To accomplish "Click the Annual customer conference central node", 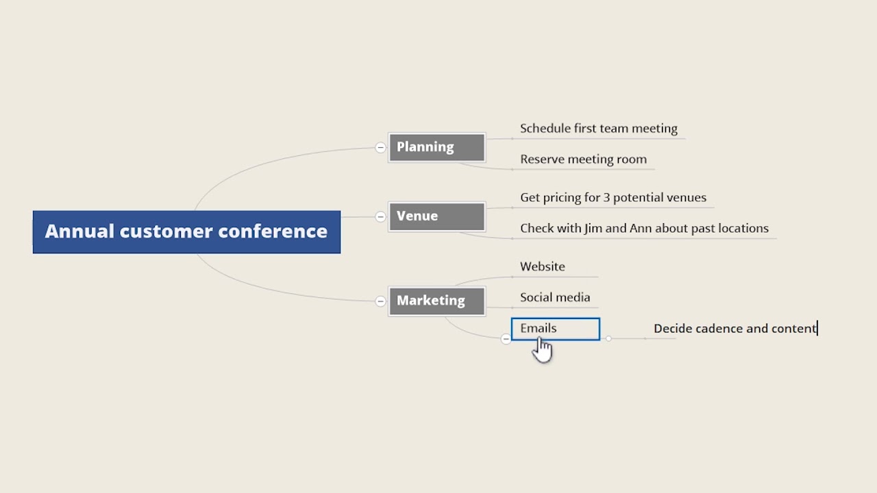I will click(186, 232).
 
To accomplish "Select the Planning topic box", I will click(436, 147).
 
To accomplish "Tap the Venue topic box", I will click(436, 216).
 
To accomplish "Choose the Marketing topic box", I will click(436, 301).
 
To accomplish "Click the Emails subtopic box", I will click(555, 329).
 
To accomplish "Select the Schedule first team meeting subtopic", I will click(598, 129).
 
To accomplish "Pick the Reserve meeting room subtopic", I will click(583, 160).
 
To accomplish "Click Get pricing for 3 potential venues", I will click(613, 198).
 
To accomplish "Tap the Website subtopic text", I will click(542, 267).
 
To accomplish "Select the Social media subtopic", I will click(554, 298).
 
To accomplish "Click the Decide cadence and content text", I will click(734, 329).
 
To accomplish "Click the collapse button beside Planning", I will click(380, 147).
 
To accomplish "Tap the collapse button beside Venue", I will click(380, 216).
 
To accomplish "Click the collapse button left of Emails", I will click(506, 338).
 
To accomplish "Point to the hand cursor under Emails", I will click(542, 349).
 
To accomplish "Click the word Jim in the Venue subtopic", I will click(593, 229).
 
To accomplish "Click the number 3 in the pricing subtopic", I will click(607, 198).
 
